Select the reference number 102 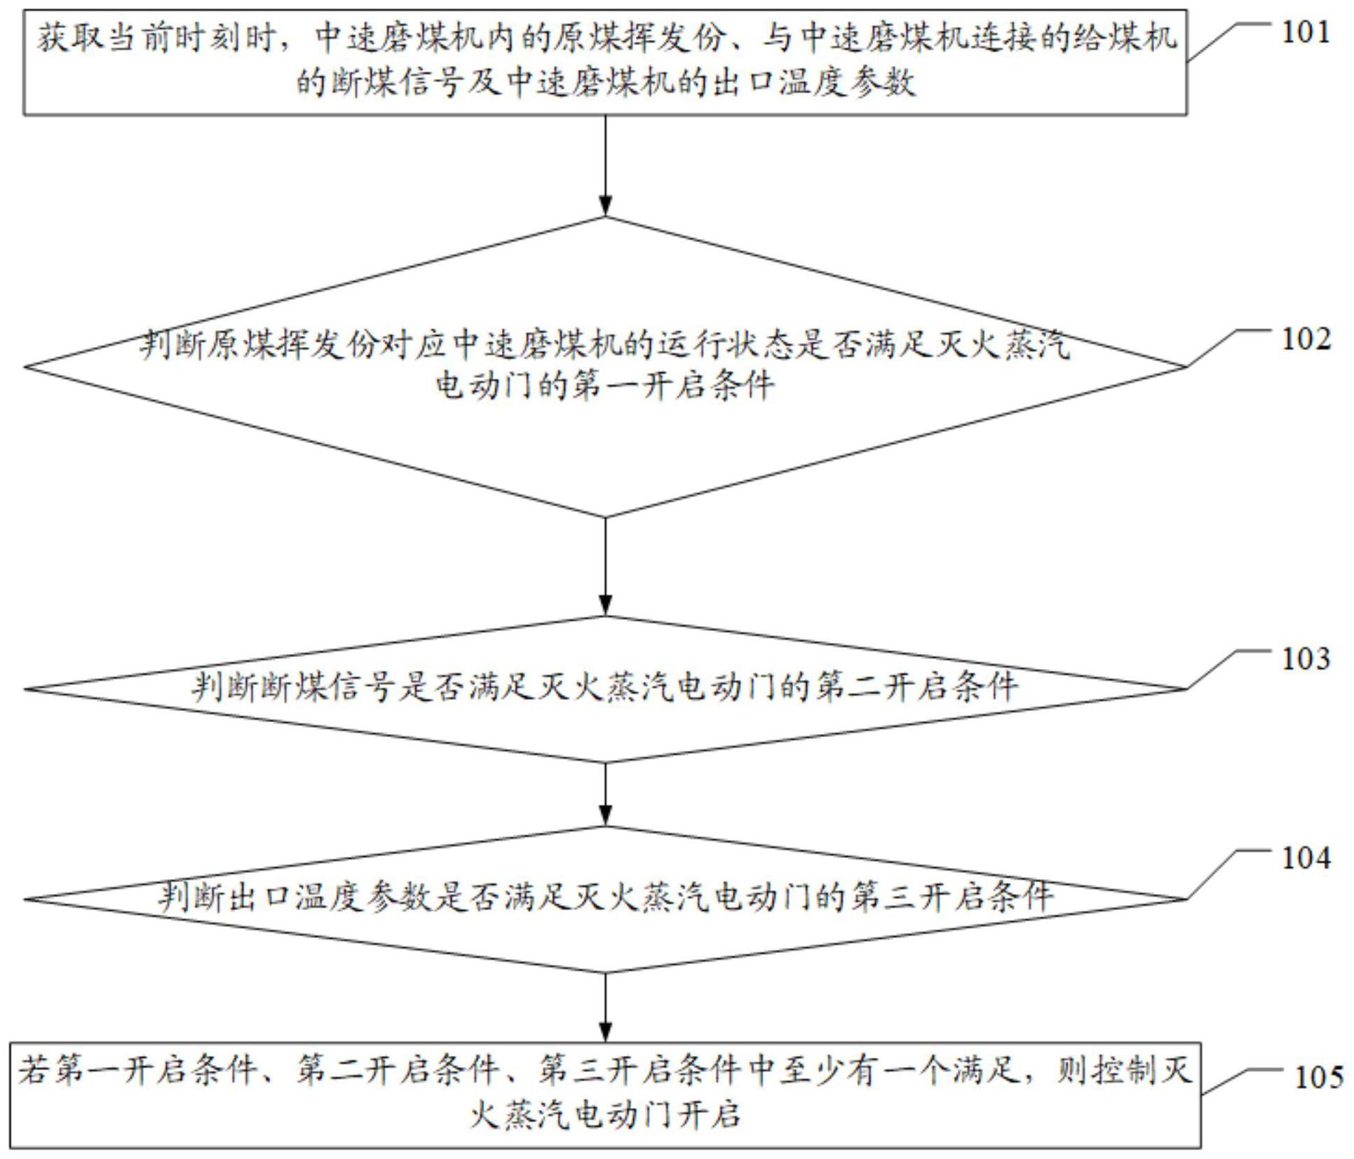click(x=1306, y=339)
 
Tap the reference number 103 click(x=1306, y=659)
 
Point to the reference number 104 click(x=1306, y=858)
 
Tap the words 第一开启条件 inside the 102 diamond click(x=674, y=385)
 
